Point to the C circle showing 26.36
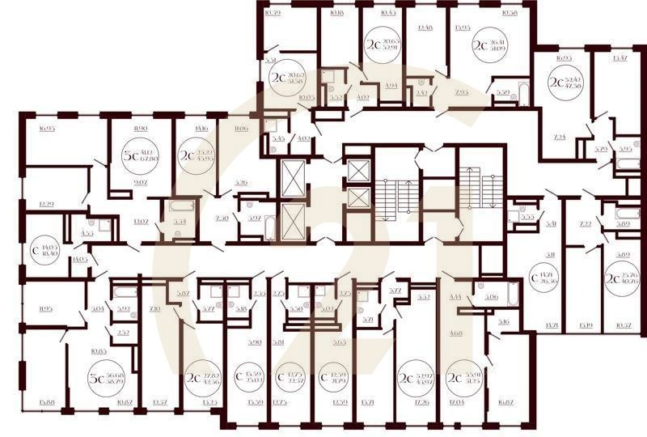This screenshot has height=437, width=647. tap(544, 279)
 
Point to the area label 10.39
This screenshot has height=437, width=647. tap(273, 14)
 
